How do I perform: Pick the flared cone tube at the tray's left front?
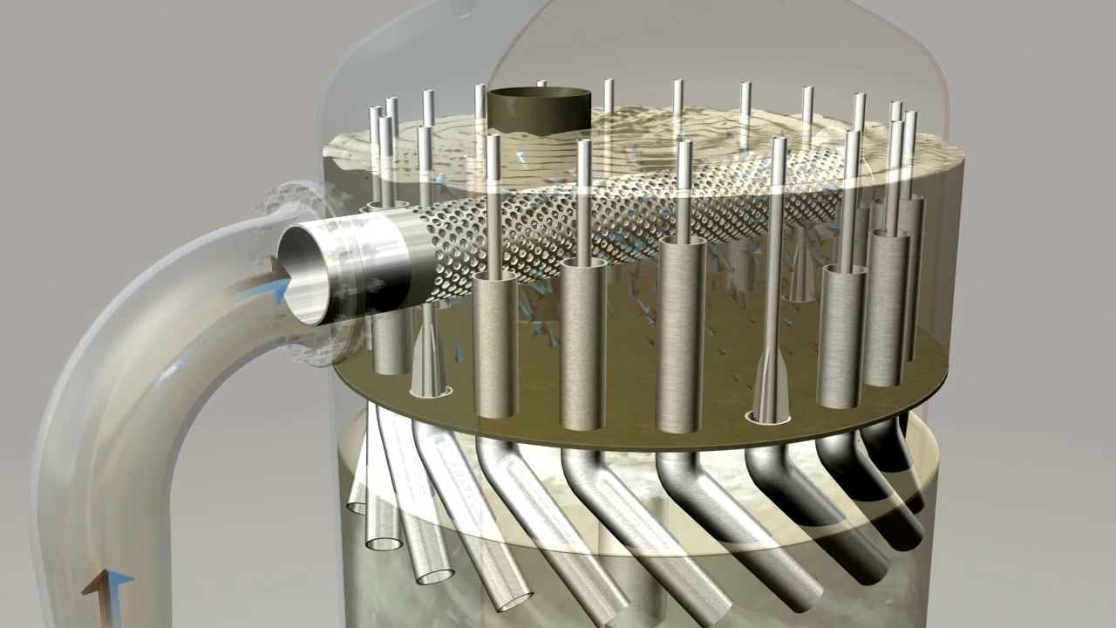point(428,358)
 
